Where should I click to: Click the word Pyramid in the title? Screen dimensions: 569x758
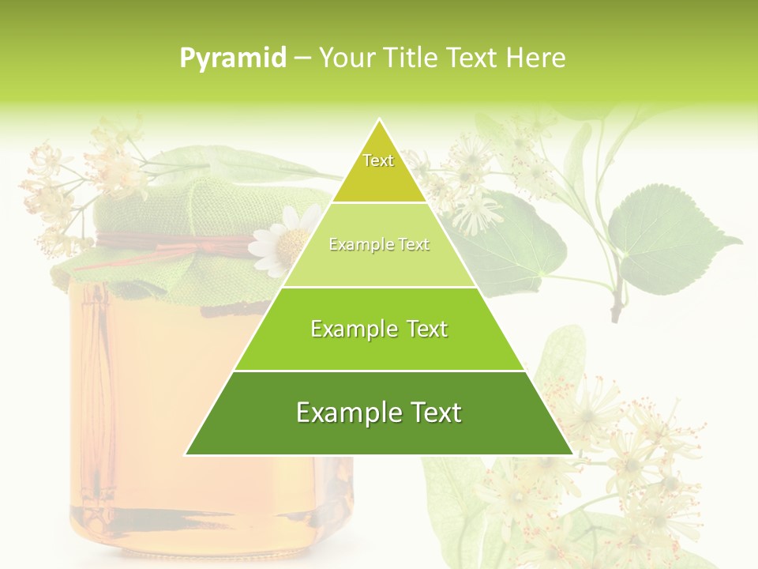coord(233,58)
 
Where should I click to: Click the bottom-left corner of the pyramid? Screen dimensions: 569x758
coord(187,454)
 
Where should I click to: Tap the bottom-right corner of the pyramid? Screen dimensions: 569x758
coord(571,454)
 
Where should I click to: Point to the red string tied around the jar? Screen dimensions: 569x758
coord(174,245)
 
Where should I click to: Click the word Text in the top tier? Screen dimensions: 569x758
coord(378,160)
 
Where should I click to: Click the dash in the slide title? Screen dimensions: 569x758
coord(302,58)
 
